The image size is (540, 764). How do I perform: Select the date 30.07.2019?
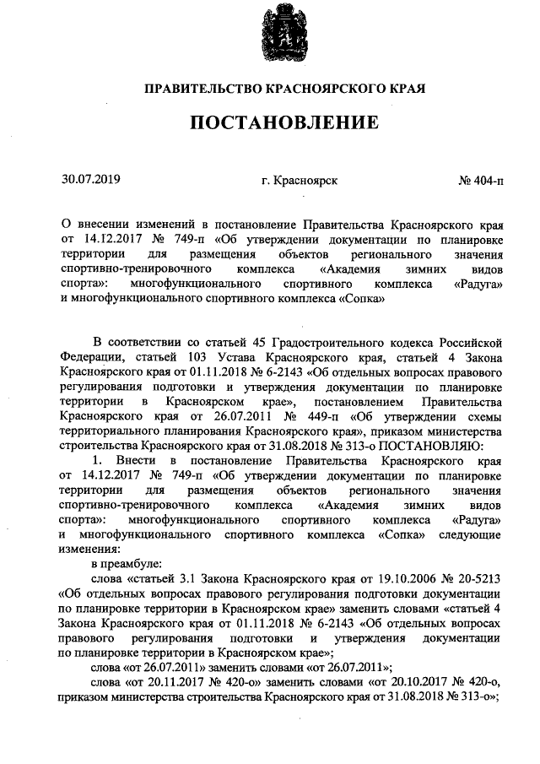click(x=91, y=179)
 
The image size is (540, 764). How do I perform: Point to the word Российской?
click(x=473, y=340)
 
